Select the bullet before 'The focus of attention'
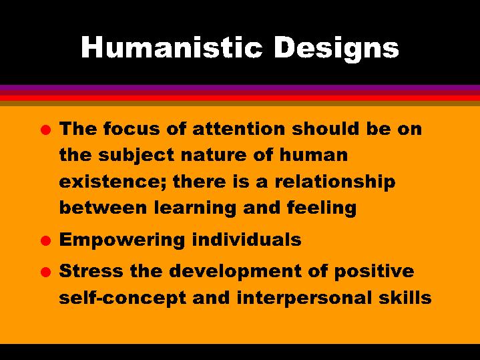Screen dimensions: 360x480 pos(45,130)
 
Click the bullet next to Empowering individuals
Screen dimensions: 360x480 pos(45,240)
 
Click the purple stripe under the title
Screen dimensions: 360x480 pos(240,87)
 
